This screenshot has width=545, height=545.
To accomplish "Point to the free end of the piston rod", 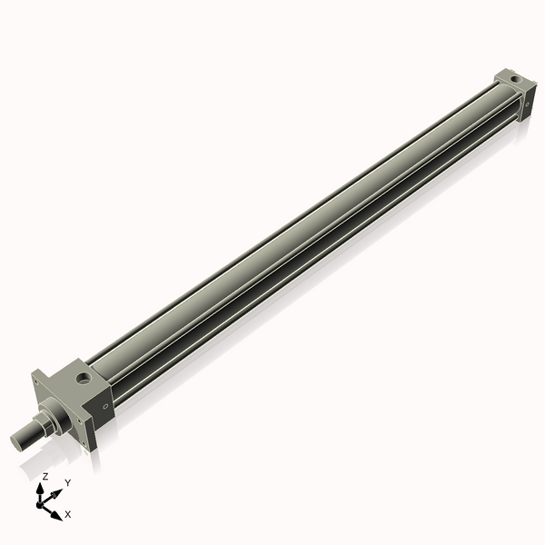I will pos(16,442).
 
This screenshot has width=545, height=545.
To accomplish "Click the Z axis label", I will pos(44,476).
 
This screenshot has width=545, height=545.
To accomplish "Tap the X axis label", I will pos(67,514).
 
